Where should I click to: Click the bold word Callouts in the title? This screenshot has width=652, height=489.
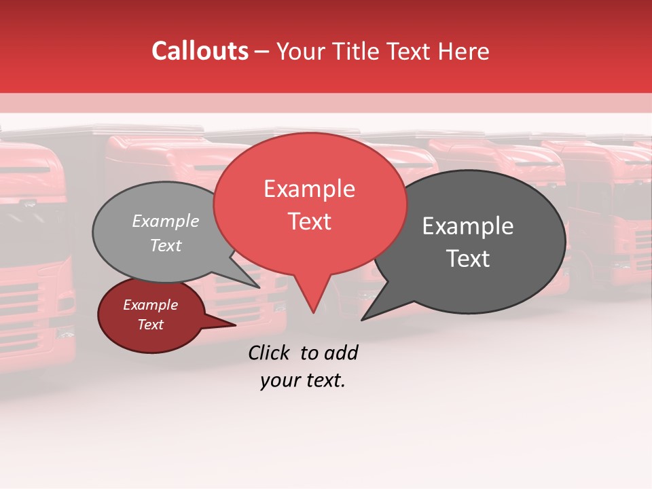pyautogui.click(x=200, y=51)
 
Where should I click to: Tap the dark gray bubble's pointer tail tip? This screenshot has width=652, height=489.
pyautogui.click(x=362, y=319)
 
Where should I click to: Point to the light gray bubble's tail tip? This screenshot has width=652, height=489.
pyautogui.click(x=259, y=287)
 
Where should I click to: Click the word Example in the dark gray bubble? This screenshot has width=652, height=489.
pyautogui.click(x=468, y=226)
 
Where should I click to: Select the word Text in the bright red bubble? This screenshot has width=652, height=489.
pyautogui.click(x=310, y=221)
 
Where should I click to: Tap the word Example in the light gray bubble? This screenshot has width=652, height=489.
pyautogui.click(x=166, y=221)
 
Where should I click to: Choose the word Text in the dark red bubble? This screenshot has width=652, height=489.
pyautogui.click(x=151, y=325)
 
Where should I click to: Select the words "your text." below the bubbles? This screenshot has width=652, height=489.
pyautogui.click(x=303, y=380)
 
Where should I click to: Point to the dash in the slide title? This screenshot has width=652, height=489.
pyautogui.click(x=263, y=51)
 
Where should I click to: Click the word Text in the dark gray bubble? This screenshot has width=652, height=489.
pyautogui.click(x=468, y=259)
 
